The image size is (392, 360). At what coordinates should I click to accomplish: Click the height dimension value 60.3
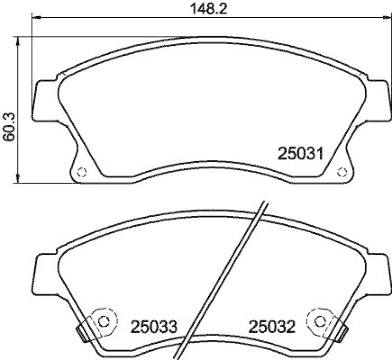(x=8, y=126)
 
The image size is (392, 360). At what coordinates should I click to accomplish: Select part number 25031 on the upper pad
(x=300, y=154)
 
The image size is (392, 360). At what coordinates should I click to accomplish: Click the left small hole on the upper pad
(x=82, y=172)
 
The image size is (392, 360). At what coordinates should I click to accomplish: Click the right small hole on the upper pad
(x=342, y=172)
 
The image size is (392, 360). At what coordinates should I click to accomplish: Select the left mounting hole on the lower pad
(x=103, y=321)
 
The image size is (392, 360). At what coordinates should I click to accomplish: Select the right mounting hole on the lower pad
(x=320, y=321)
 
